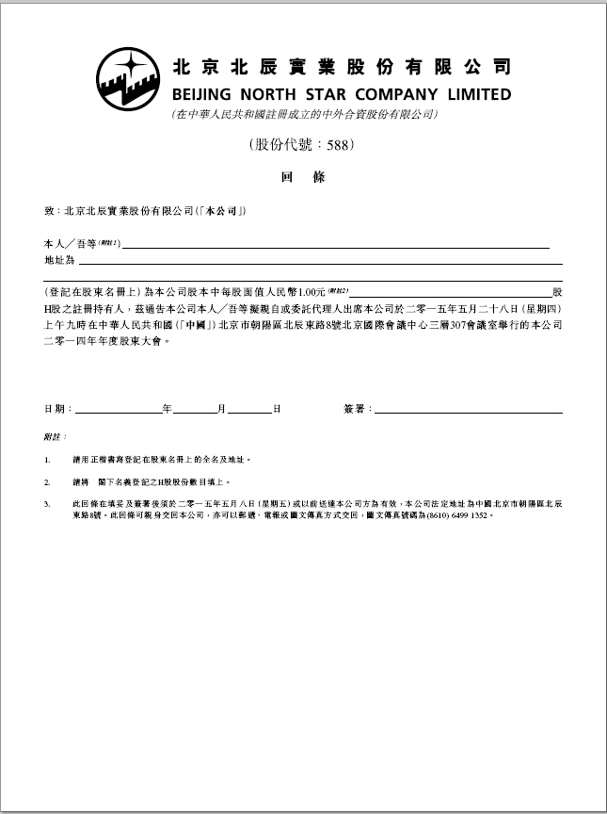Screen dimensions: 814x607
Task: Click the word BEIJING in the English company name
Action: [205, 94]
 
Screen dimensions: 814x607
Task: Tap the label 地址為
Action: [58, 259]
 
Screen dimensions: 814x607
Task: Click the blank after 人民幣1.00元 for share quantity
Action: [452, 294]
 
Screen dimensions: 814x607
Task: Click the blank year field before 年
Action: [119, 411]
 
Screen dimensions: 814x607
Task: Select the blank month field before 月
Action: [195, 411]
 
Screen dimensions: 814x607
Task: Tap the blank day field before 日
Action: [249, 411]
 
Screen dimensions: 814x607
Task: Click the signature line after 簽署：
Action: [469, 411]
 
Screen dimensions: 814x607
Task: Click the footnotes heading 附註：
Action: [55, 438]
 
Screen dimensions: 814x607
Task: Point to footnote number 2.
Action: [47, 481]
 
